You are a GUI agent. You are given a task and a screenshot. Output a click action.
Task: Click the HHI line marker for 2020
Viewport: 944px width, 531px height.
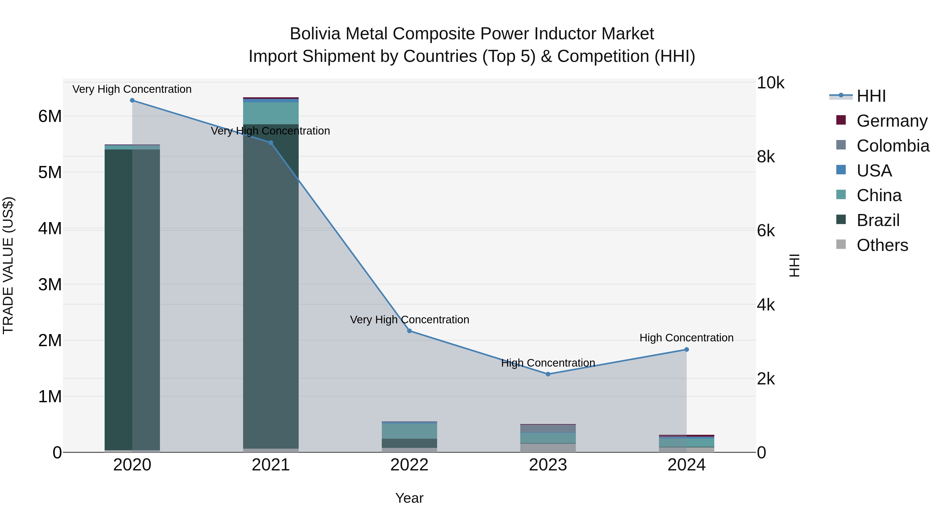pyautogui.click(x=132, y=100)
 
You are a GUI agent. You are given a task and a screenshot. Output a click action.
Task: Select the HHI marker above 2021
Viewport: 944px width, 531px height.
pyautogui.click(x=271, y=143)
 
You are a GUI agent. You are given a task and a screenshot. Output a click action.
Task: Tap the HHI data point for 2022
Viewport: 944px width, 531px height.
pyautogui.click(x=409, y=331)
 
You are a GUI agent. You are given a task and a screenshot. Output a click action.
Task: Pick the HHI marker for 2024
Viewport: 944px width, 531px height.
pyautogui.click(x=686, y=350)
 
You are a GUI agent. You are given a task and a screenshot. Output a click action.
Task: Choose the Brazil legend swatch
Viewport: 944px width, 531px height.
pyautogui.click(x=841, y=220)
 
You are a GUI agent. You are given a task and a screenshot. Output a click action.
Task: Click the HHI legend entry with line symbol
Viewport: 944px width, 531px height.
pyautogui.click(x=857, y=96)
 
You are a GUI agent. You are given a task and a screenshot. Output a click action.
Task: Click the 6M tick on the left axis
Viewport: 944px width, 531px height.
pyautogui.click(x=50, y=116)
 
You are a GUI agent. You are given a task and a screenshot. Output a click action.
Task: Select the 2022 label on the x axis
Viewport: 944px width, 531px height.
pyautogui.click(x=409, y=465)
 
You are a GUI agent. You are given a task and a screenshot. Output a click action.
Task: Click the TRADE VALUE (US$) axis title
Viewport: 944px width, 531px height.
pyautogui.click(x=8, y=265)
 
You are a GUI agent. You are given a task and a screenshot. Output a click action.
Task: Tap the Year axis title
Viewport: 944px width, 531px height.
pyautogui.click(x=409, y=498)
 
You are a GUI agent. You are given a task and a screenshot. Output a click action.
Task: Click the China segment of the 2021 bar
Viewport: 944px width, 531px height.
pyautogui.click(x=271, y=113)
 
